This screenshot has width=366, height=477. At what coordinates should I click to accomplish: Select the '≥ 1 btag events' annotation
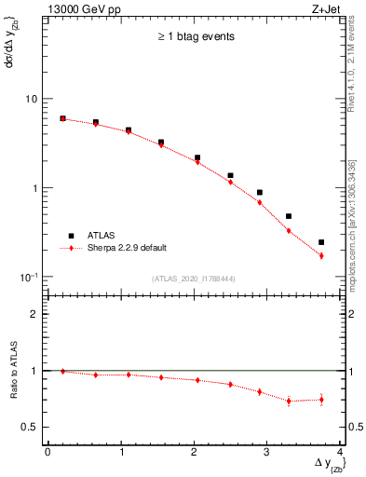point(195,37)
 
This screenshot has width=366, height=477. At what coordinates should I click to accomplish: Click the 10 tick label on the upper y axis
point(29,99)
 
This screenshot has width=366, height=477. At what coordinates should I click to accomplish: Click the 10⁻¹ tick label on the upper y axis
point(27,278)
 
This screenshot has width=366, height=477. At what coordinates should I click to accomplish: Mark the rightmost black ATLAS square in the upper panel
point(321,242)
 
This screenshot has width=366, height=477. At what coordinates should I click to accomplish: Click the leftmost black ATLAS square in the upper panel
point(62,118)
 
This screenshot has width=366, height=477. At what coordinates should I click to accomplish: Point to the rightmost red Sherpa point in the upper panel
point(321,255)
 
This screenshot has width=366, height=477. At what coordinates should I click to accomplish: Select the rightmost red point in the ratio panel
point(321,400)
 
